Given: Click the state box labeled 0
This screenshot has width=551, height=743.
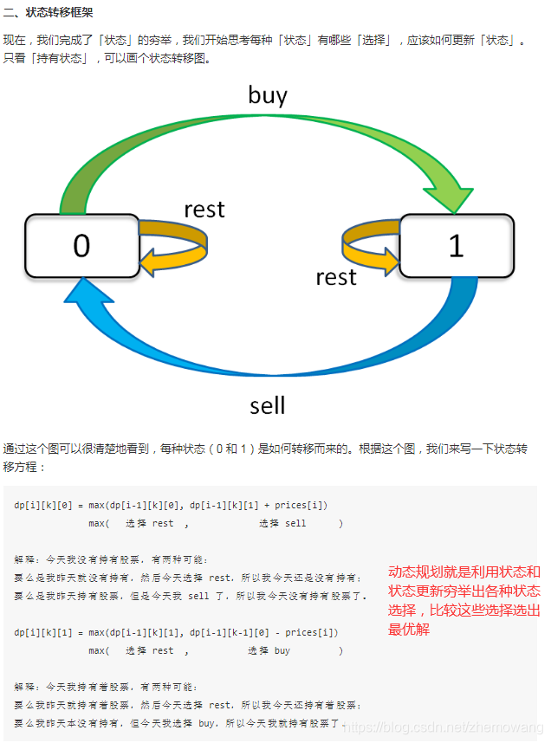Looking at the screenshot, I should pyautogui.click(x=81, y=246).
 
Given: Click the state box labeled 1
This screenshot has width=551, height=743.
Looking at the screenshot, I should pyautogui.click(x=456, y=246).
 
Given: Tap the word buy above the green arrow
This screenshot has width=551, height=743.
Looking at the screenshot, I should pyautogui.click(x=267, y=94).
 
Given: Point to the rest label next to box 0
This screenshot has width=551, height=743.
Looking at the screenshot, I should pyautogui.click(x=204, y=210).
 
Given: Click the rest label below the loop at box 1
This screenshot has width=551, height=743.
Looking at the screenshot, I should pyautogui.click(x=336, y=277).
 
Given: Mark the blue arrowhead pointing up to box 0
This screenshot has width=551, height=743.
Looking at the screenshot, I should pyautogui.click(x=83, y=295).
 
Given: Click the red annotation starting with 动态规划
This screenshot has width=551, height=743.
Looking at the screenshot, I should pyautogui.click(x=464, y=600).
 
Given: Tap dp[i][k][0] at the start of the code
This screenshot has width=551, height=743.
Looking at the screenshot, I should pyautogui.click(x=42, y=505).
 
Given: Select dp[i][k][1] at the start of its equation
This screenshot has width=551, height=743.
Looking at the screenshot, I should pyautogui.click(x=42, y=633).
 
